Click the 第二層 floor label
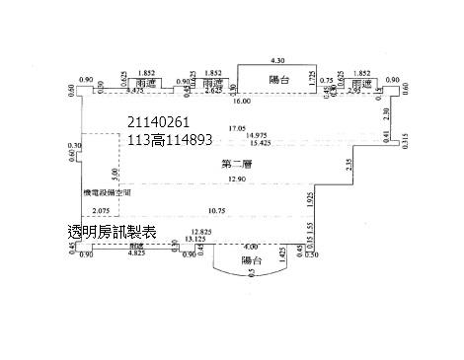click(237, 164)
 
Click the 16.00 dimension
click(243, 101)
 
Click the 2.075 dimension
click(100, 211)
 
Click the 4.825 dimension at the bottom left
click(137, 253)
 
